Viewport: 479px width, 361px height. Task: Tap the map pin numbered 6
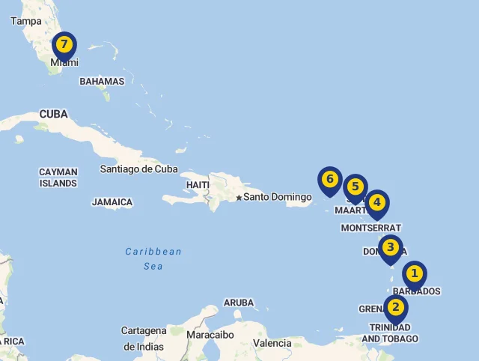click(x=329, y=180)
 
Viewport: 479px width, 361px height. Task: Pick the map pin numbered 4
click(x=376, y=203)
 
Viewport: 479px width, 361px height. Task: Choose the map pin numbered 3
click(x=390, y=248)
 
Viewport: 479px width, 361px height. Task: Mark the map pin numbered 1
click(x=414, y=274)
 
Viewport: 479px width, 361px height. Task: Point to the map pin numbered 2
click(x=396, y=307)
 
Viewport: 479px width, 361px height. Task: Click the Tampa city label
click(x=26, y=21)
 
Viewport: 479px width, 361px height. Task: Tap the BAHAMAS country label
click(x=102, y=81)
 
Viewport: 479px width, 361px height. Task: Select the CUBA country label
click(x=54, y=114)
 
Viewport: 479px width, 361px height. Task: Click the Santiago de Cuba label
click(x=139, y=169)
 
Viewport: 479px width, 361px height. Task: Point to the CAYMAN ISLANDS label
click(x=58, y=178)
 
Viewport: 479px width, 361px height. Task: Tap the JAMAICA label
click(x=112, y=202)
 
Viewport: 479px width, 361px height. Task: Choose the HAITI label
click(x=198, y=184)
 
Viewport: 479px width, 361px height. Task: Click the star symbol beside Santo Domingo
click(x=239, y=198)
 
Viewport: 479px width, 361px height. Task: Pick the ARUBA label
click(x=239, y=303)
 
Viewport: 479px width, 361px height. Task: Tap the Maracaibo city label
click(x=210, y=335)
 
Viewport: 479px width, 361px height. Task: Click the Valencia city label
click(x=272, y=343)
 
